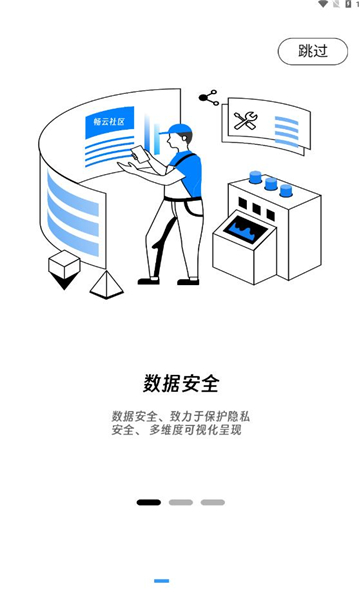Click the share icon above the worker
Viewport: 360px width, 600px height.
(x=208, y=97)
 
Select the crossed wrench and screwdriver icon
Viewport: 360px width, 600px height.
(x=245, y=121)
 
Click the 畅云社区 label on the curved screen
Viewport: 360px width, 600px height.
(x=109, y=121)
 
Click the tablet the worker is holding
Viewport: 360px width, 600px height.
(x=140, y=157)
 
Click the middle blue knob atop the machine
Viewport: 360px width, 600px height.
(x=270, y=184)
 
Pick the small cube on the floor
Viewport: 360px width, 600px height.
(x=64, y=264)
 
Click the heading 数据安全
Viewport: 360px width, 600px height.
(x=180, y=383)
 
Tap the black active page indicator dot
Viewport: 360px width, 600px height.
(x=148, y=502)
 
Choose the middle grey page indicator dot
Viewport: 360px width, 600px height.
(x=180, y=502)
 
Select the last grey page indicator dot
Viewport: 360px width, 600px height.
(x=212, y=502)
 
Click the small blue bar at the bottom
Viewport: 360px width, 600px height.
(x=161, y=580)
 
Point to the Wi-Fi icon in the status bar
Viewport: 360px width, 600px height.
(x=322, y=5)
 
